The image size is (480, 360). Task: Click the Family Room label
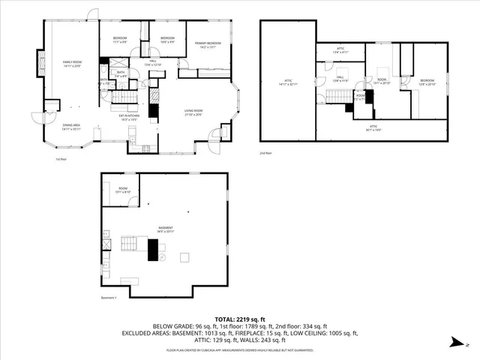[71, 63]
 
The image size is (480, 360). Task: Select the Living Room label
[194, 111]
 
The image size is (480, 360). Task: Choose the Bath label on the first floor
[121, 73]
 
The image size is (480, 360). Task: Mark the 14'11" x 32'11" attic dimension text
[289, 83]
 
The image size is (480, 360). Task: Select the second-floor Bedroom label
[427, 80]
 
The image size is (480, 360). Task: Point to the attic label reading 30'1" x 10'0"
[373, 128]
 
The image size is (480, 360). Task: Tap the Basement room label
[165, 228]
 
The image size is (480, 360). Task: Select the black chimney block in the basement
[153, 248]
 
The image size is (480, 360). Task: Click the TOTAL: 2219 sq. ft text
[241, 318]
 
